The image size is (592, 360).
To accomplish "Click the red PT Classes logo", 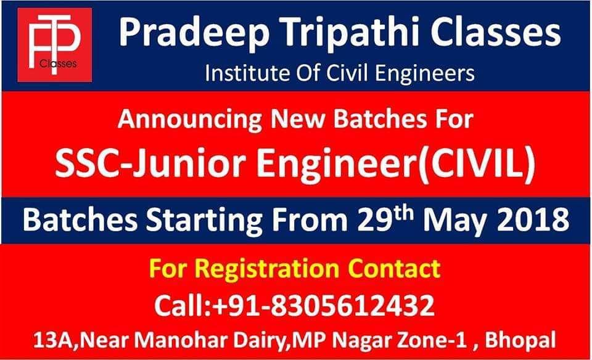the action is click(55, 44).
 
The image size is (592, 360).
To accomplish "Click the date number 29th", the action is click(385, 218).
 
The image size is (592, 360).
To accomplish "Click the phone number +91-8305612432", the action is click(324, 305).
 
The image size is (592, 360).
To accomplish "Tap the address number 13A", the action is click(55, 340).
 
